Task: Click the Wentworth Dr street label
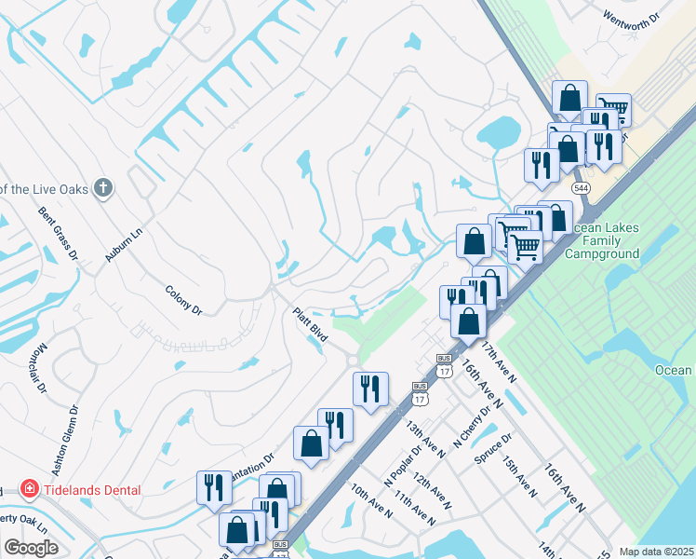[631, 17]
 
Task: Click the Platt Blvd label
[310, 325]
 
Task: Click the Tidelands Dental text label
[91, 490]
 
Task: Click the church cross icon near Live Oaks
[103, 188]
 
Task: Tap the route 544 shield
[582, 188]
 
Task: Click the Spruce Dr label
[493, 448]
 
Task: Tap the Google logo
[31, 548]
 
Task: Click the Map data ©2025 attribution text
[656, 552]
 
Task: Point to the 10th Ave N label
[371, 499]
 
